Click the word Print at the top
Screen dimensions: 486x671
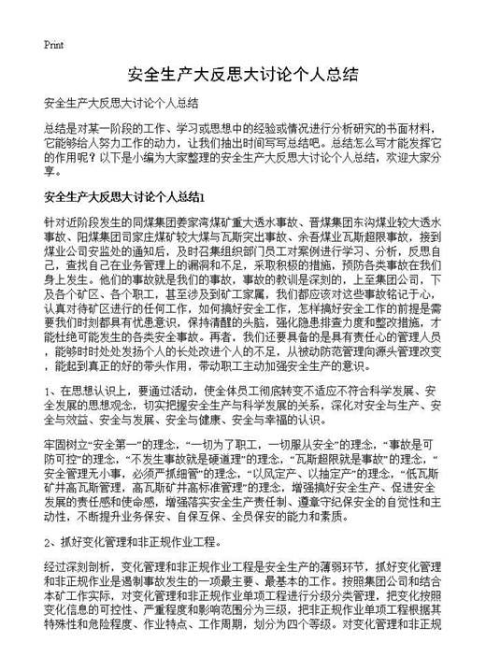coord(54,43)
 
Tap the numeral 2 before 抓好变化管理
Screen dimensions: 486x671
coord(48,541)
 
